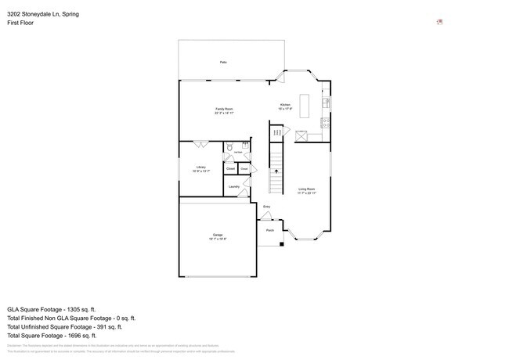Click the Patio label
point(223,61)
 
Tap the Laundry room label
point(233,186)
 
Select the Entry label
point(266,207)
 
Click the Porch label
point(270,230)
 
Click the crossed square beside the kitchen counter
point(299,136)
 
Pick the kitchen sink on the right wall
point(327,103)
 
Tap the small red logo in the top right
point(440,21)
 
